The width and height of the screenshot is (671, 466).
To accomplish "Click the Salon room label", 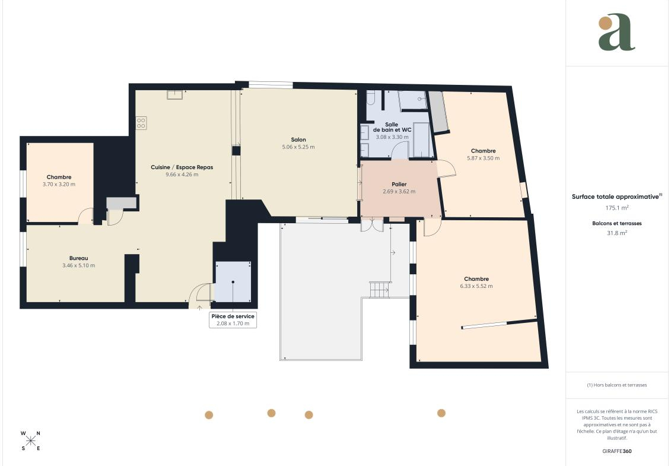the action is pyautogui.click(x=298, y=140).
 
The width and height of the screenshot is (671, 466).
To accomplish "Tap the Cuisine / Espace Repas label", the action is pyautogui.click(x=182, y=167).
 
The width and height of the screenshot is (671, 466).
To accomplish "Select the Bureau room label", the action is pyautogui.click(x=79, y=258).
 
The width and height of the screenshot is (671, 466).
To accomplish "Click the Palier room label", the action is pyautogui.click(x=399, y=184).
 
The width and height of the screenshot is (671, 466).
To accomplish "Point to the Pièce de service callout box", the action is pyautogui.click(x=233, y=320).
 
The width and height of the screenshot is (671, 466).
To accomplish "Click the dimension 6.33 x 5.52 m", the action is pyautogui.click(x=476, y=286).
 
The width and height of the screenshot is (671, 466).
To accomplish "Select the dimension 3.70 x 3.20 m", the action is pyautogui.click(x=59, y=185).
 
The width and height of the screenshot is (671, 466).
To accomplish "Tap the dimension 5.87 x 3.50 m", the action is pyautogui.click(x=483, y=158).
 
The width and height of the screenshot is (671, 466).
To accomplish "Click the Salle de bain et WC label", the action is pyautogui.click(x=392, y=127).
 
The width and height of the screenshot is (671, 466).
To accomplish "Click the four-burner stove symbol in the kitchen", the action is pyautogui.click(x=141, y=123).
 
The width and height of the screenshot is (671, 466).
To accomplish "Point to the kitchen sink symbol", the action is pyautogui.click(x=174, y=94).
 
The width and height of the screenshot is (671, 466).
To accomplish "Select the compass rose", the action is pyautogui.click(x=31, y=440).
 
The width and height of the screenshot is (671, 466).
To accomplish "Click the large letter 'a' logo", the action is pyautogui.click(x=616, y=32).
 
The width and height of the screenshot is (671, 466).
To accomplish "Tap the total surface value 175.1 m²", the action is pyautogui.click(x=616, y=208).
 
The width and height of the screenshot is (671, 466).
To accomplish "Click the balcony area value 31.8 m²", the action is pyautogui.click(x=616, y=233).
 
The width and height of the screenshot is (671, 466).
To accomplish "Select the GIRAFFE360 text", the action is pyautogui.click(x=616, y=451).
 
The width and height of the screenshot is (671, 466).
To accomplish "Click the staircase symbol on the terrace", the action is pyautogui.click(x=379, y=290).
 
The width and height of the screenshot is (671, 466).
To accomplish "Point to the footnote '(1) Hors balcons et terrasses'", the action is pyautogui.click(x=616, y=385).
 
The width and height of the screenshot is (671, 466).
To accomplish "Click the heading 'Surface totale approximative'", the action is pyautogui.click(x=615, y=197).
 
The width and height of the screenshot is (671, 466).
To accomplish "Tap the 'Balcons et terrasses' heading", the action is pyautogui.click(x=616, y=223).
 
